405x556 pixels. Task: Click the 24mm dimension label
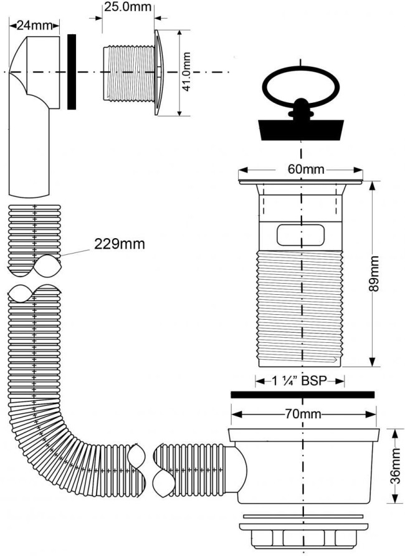tap(35, 26)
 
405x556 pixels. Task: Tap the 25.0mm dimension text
tap(128, 7)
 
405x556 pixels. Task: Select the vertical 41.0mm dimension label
tap(186, 72)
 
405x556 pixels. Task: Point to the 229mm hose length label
tap(120, 244)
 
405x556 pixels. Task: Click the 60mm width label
tap(306, 170)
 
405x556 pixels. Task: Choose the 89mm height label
tap(373, 274)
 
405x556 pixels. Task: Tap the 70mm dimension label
tap(303, 414)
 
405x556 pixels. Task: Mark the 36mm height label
tap(396, 465)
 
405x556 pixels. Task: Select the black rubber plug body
tap(301, 130)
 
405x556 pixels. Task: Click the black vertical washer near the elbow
tap(72, 72)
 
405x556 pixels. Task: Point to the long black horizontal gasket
tap(302, 395)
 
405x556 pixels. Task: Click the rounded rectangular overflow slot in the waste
tap(300, 235)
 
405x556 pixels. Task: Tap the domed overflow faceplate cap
tap(159, 72)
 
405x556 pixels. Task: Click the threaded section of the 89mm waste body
tap(300, 307)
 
